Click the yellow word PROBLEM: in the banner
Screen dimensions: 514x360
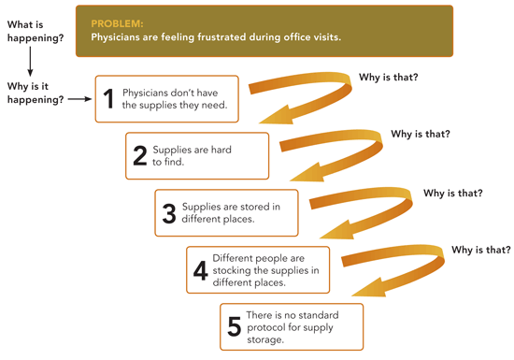117,23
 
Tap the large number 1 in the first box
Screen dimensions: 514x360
108,99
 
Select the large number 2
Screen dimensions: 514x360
140,156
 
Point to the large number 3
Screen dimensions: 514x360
169,213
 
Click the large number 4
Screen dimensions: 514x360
201,271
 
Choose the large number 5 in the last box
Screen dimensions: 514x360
234,326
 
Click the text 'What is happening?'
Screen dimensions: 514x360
36,31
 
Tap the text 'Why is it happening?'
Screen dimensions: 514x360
36,93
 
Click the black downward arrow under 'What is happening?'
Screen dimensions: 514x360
30,62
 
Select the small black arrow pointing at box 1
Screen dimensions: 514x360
79,99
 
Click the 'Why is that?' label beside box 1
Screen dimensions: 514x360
389,77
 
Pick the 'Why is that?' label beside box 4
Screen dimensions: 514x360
481,250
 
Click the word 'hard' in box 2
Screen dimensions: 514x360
221,150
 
